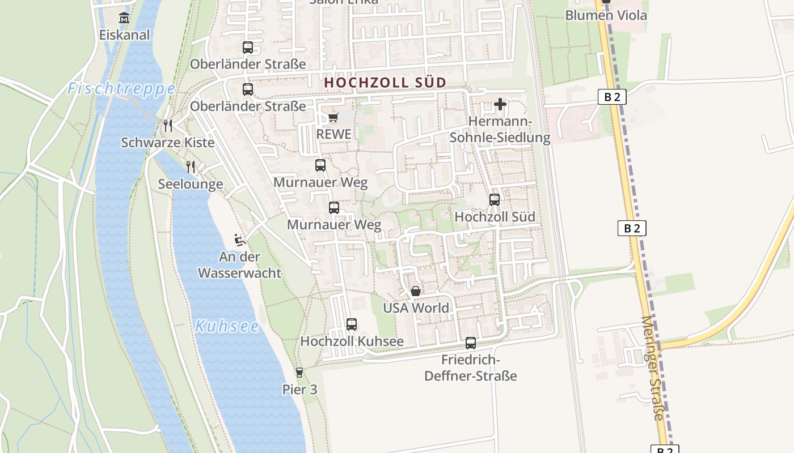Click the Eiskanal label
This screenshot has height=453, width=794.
(124, 35)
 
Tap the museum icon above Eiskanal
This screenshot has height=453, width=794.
(124, 18)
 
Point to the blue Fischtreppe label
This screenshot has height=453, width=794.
(121, 89)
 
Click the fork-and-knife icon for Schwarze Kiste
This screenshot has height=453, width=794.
(167, 125)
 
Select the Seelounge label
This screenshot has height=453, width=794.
(191, 184)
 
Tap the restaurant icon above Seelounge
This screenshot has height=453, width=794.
(191, 166)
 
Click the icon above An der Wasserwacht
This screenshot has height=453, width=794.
(240, 240)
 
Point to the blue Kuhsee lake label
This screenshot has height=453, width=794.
(227, 326)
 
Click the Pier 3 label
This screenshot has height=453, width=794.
(299, 390)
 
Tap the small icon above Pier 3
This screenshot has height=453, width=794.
(299, 373)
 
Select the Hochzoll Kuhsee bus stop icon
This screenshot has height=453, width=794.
(352, 324)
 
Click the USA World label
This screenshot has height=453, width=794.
(416, 308)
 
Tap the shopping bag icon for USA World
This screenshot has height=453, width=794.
(416, 291)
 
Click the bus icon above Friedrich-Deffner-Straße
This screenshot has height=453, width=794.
(471, 343)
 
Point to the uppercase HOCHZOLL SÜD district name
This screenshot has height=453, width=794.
(385, 83)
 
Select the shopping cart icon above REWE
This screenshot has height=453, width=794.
(333, 117)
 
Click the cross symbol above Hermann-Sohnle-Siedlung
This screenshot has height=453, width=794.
(500, 104)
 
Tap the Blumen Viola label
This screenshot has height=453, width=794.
(606, 15)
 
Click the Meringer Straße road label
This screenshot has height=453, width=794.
(652, 368)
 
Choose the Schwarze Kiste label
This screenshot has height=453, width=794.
(168, 142)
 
